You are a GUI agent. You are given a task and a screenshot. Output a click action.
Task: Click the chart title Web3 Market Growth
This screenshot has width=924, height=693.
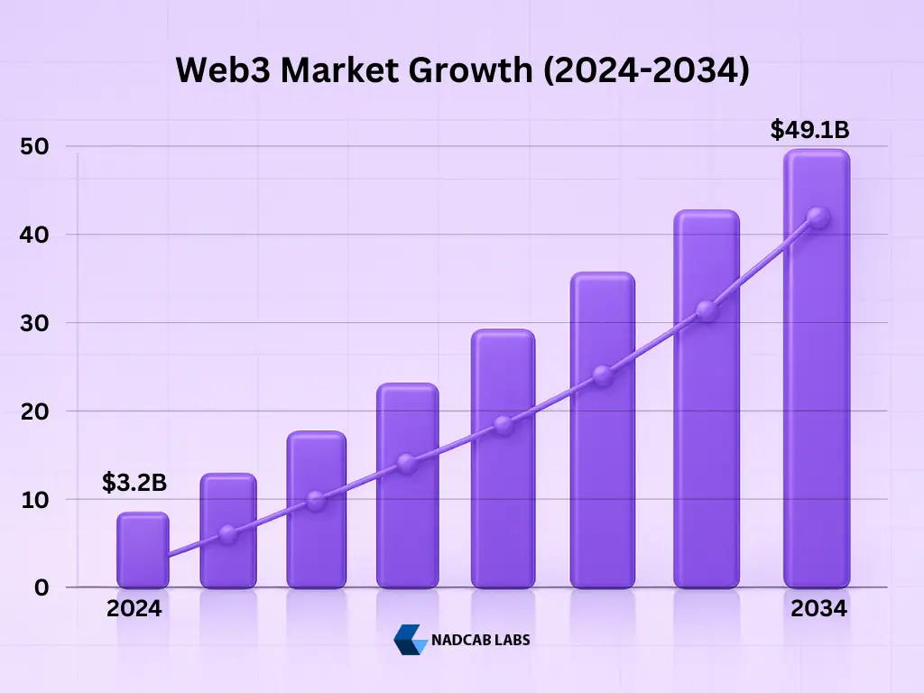pos(462,70)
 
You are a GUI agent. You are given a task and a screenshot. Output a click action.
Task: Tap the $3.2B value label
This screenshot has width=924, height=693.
pos(134,483)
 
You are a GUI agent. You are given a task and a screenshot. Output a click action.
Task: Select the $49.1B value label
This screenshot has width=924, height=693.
pos(809,130)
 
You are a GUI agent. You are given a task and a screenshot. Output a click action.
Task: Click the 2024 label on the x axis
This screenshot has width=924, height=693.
pos(134,609)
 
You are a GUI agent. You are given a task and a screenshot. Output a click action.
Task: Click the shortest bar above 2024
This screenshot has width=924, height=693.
pos(143,550)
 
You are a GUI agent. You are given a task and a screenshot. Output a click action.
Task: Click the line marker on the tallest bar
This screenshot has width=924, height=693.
pos(818,217)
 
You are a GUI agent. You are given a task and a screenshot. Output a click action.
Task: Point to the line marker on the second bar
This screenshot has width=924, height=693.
pos(227,534)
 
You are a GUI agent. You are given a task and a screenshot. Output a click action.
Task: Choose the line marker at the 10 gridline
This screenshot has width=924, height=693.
pos(316,501)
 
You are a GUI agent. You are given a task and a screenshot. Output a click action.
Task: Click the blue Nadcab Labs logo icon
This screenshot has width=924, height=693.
pos(411,639)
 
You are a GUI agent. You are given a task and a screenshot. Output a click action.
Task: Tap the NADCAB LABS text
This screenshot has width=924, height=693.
pos(482,640)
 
